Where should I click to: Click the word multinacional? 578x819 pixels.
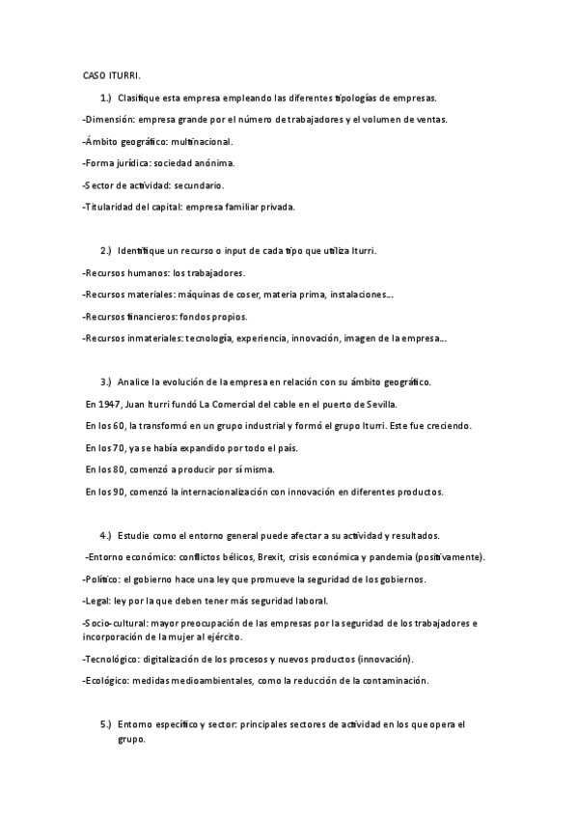[x=216, y=141]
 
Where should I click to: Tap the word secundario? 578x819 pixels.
[x=199, y=184]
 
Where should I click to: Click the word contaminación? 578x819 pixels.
[x=394, y=680]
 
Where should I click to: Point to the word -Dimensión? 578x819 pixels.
[x=108, y=120]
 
